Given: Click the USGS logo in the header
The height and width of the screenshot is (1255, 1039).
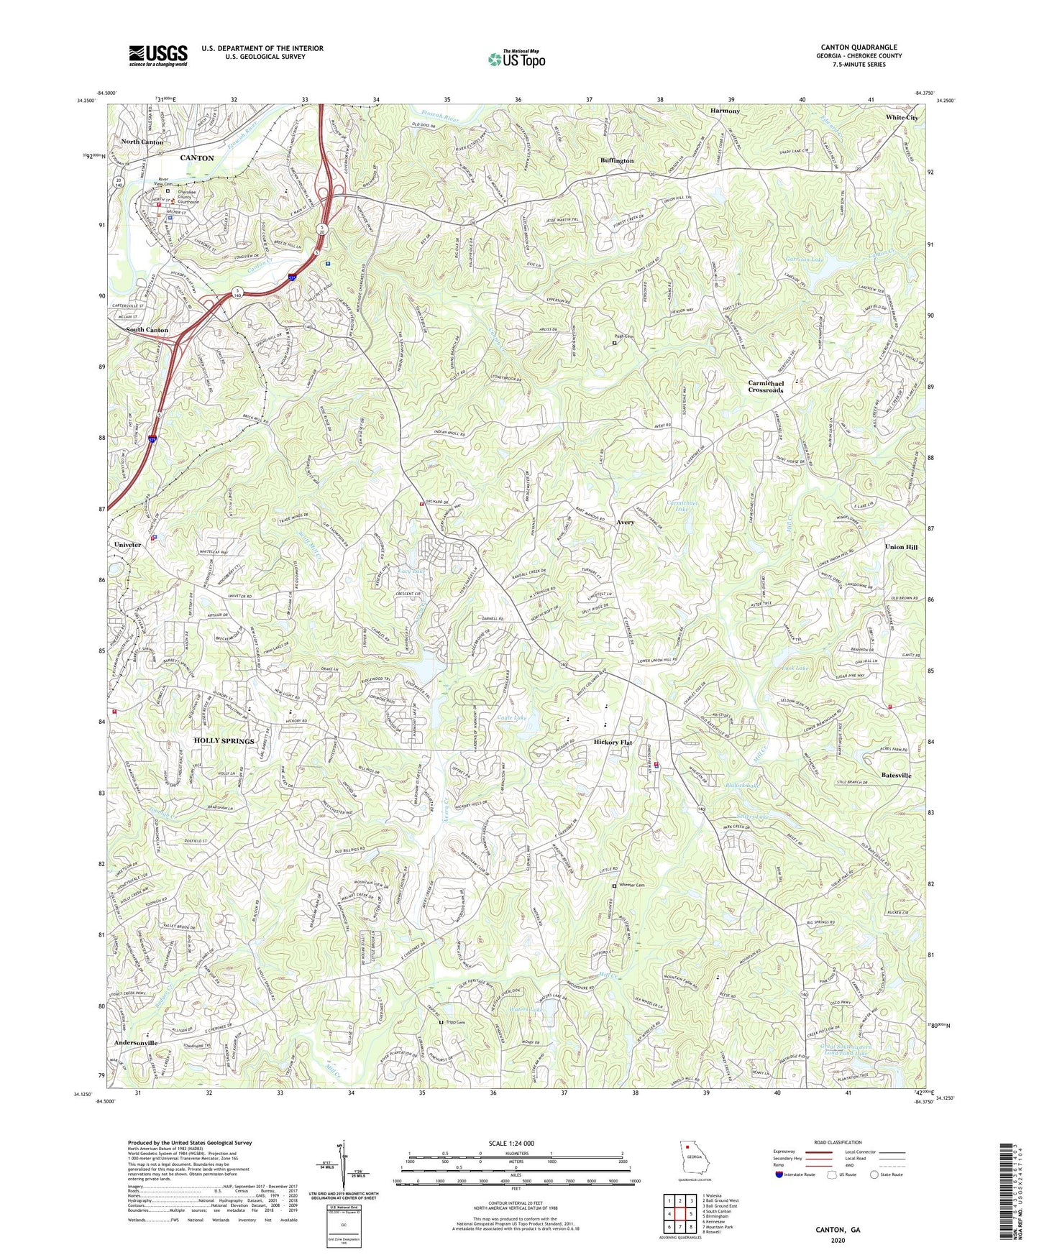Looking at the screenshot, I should click(x=158, y=55).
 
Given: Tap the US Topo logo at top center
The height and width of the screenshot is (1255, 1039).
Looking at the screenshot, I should click(x=516, y=59).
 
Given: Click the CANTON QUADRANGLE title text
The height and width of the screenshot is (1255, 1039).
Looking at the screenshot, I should click(x=855, y=47).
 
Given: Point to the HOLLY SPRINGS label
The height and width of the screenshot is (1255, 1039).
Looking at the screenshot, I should click(x=224, y=740).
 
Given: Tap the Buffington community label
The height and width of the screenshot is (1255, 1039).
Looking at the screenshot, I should click(x=617, y=160).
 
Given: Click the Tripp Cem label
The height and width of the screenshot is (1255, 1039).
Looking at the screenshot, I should click(x=455, y=1022).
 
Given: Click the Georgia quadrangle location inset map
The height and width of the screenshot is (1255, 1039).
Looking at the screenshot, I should click(x=694, y=1162).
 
